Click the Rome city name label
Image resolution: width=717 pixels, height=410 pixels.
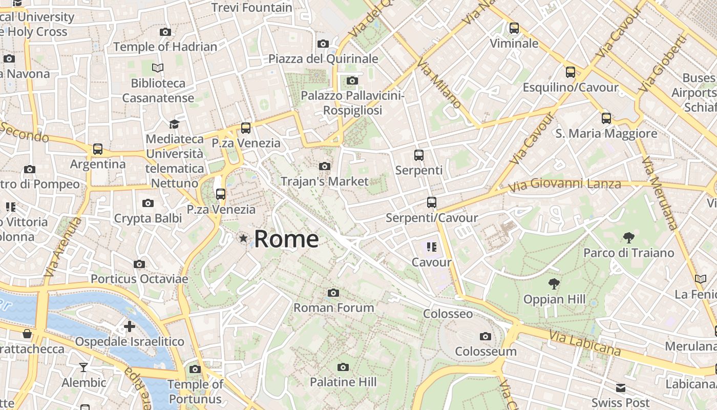click(286, 239)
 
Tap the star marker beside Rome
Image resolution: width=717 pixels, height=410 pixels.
click(243, 238)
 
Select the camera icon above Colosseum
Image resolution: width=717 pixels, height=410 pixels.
click(485, 337)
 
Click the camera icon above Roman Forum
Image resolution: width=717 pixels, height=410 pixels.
click(333, 293)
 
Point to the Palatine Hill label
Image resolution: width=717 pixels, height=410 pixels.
click(343, 382)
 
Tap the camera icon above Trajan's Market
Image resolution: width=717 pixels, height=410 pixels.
click(324, 167)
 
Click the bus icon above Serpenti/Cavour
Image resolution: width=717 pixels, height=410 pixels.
click(432, 202)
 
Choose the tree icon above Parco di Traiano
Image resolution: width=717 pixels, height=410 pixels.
click(628, 238)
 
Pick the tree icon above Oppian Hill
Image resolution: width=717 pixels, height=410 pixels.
click(554, 284)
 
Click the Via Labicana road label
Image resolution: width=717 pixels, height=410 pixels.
click(585, 343)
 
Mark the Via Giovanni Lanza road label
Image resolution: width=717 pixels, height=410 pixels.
click(565, 184)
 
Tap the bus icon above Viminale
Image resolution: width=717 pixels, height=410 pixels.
click(514, 28)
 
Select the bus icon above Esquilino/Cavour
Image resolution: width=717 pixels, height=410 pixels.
click(570, 72)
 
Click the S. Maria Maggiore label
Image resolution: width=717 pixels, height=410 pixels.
click(606, 134)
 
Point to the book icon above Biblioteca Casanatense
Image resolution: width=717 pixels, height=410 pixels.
click(158, 68)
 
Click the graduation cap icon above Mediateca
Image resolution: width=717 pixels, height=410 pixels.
click(174, 124)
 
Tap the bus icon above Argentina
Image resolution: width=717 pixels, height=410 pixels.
click(97, 149)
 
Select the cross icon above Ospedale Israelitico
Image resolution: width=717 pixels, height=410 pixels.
click(130, 326)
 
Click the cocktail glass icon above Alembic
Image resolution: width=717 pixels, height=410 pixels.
click(83, 367)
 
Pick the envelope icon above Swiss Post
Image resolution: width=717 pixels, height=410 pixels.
click(621, 387)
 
